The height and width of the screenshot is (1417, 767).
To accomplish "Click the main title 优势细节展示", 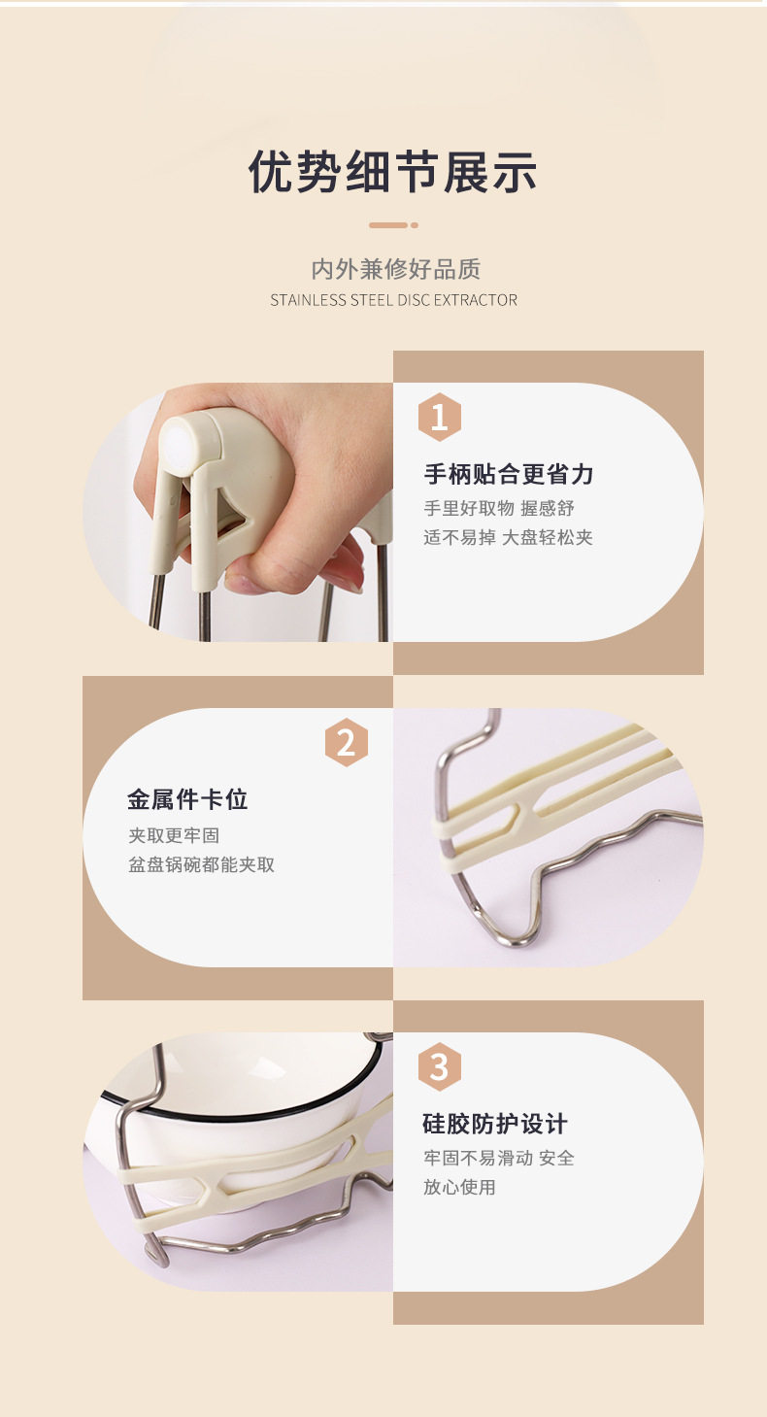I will [x=393, y=172].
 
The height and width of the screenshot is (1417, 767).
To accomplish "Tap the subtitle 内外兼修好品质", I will [x=395, y=269].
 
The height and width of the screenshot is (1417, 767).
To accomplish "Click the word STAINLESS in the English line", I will [x=308, y=300].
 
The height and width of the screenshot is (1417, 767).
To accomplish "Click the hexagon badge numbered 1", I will [x=439, y=418].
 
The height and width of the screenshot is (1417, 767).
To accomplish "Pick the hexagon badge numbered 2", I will [x=346, y=743].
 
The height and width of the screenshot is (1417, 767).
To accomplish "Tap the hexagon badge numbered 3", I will [x=439, y=1066].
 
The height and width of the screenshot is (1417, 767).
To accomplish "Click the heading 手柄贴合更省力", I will [x=508, y=474].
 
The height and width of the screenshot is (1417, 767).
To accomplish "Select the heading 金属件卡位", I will [x=187, y=799].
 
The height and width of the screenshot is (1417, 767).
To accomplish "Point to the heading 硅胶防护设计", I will [x=495, y=1124].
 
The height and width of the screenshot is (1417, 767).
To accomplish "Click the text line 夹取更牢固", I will [x=167, y=835].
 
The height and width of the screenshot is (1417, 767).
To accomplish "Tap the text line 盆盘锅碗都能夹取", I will [x=202, y=864].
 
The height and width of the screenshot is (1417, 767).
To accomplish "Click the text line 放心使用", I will [x=459, y=1187].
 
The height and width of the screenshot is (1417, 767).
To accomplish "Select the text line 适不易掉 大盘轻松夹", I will [x=508, y=537].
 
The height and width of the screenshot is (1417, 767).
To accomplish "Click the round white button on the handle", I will [x=178, y=446].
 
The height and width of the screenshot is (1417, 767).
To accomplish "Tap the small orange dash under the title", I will [x=388, y=225].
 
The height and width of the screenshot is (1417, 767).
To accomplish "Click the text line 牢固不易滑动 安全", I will [x=499, y=1158].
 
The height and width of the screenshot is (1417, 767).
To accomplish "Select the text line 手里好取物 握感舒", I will [x=499, y=508].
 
